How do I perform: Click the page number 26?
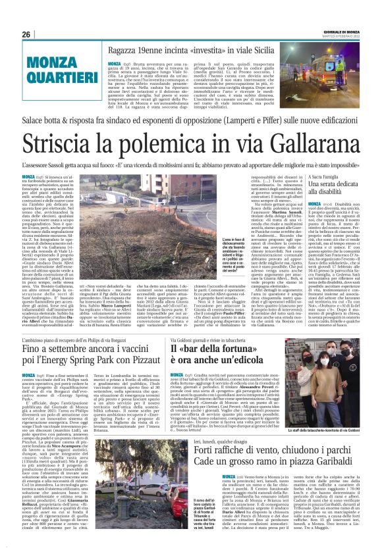pos(26,34)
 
